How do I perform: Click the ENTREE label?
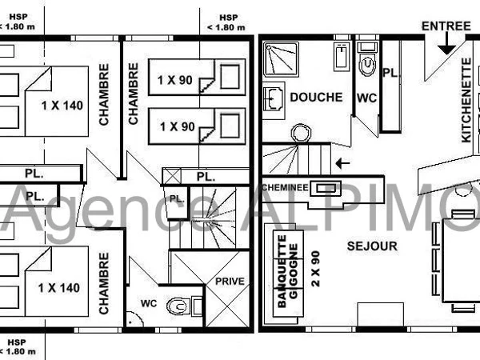446,26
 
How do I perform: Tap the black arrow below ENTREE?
447,43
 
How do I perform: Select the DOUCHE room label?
316,98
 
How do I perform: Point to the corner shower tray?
281,59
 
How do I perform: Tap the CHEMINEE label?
285,187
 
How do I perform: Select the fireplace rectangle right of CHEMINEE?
326,188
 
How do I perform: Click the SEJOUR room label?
372,246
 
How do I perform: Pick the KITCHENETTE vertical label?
466,100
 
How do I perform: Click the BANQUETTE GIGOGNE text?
287,271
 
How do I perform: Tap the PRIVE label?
230,282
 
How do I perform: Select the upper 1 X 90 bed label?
174,80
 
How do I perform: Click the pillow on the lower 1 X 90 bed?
230,126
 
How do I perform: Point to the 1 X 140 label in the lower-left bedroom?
58,288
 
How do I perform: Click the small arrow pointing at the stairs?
342,163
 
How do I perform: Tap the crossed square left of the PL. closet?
171,176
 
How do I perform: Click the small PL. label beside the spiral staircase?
177,199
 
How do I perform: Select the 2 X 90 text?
316,269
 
